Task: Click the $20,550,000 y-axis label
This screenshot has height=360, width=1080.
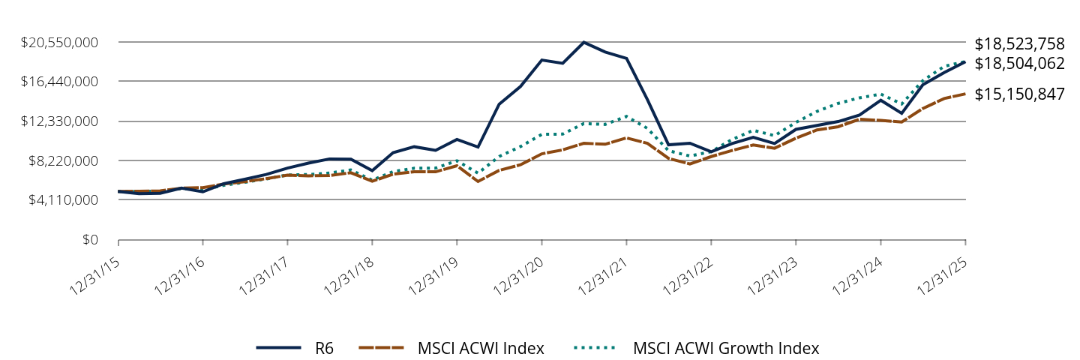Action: (61, 42)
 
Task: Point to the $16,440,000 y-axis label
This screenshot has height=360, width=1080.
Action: (61, 81)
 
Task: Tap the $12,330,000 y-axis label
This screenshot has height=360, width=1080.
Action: (61, 121)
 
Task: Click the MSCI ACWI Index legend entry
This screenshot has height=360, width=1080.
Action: (481, 348)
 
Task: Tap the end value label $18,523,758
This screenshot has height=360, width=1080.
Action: (1019, 43)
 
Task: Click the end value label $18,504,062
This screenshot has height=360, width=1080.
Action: (1019, 64)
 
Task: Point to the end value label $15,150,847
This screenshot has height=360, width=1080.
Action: (1019, 94)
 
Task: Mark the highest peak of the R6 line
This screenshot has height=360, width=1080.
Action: (583, 42)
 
